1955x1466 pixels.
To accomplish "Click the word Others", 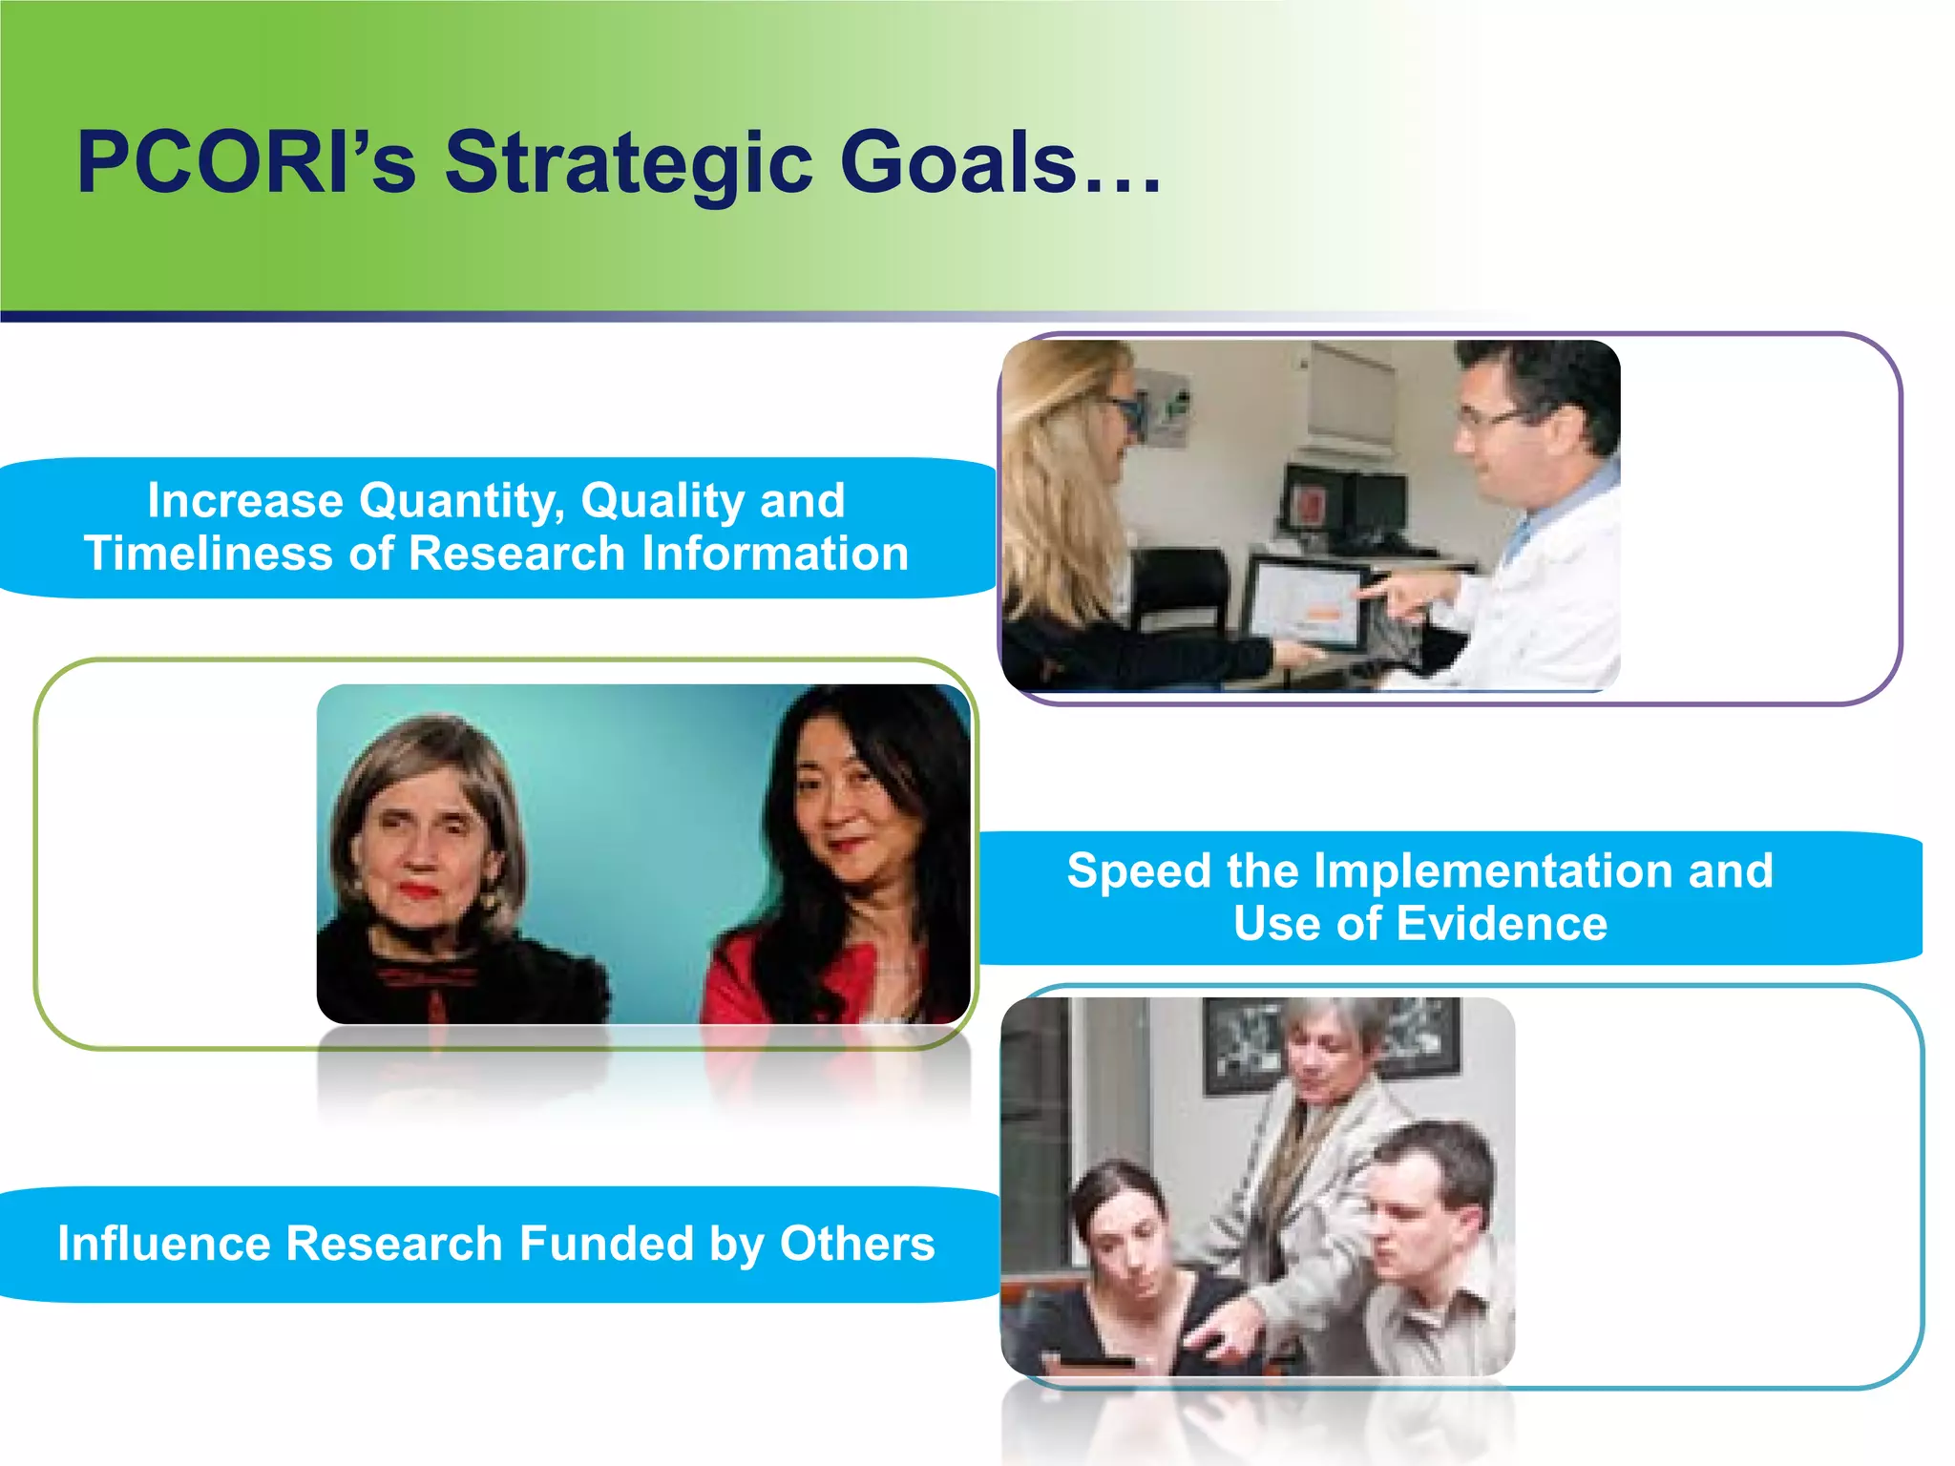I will pyautogui.click(x=856, y=1243).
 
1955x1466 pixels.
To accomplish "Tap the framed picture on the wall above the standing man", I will pyautogui.click(x=1241, y=1045).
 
